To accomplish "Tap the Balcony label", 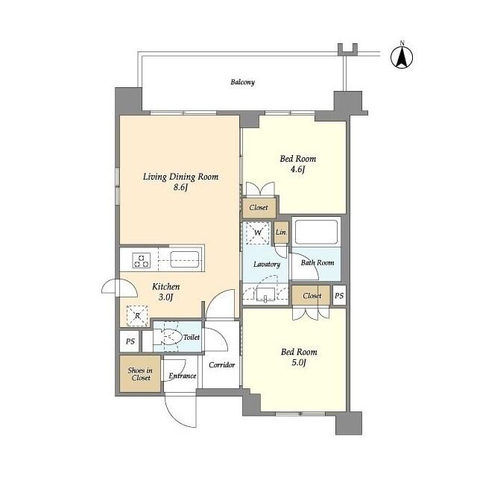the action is coord(242,82).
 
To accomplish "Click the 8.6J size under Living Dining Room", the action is coord(180,187).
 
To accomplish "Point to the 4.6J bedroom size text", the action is coord(297,169).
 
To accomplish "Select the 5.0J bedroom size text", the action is coord(298,362).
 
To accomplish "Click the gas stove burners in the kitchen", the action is coord(141,261).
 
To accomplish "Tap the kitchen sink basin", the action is coord(185,259).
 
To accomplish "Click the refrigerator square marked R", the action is coord(137,316).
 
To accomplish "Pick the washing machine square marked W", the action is coord(258,233).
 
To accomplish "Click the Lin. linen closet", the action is coord(281,233).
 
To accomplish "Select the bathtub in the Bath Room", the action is coord(316,232).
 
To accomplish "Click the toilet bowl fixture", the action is coord(165,337).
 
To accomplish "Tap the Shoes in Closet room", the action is coord(140,374).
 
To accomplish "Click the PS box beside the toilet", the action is coord(130,341).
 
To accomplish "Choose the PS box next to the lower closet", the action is coord(339,295).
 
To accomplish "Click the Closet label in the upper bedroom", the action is coord(259,208).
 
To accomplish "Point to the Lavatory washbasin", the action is coord(265,294).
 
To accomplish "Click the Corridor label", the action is coord(222,364).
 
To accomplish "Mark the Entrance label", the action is coord(183,376).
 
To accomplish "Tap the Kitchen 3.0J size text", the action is coord(165,297).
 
